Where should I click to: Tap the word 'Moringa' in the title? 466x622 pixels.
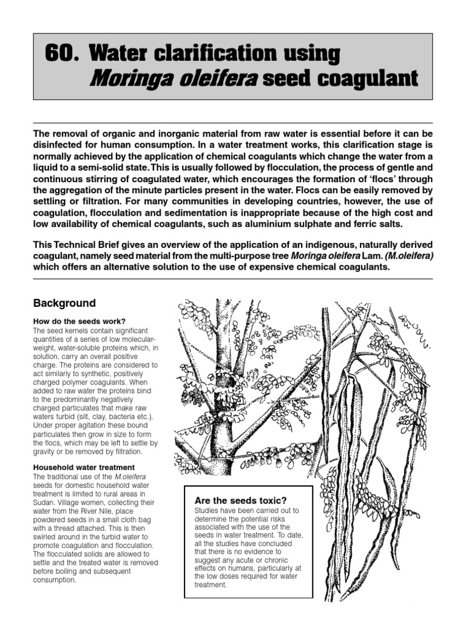pyautogui.click(x=129, y=78)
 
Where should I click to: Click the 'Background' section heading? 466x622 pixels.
pyautogui.click(x=64, y=303)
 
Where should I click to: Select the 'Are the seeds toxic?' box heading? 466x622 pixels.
pyautogui.click(x=240, y=500)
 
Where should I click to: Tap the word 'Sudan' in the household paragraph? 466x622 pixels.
pyautogui.click(x=45, y=503)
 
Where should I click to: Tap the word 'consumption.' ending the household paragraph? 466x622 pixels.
pyautogui.click(x=55, y=579)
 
